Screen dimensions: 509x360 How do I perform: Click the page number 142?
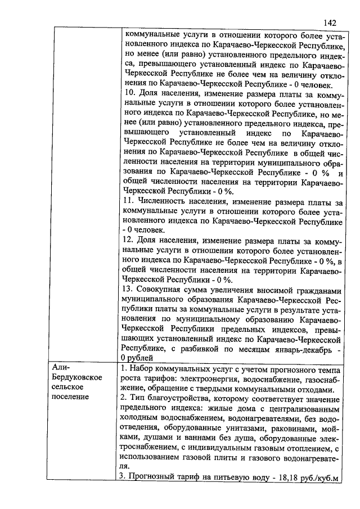(330, 22)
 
